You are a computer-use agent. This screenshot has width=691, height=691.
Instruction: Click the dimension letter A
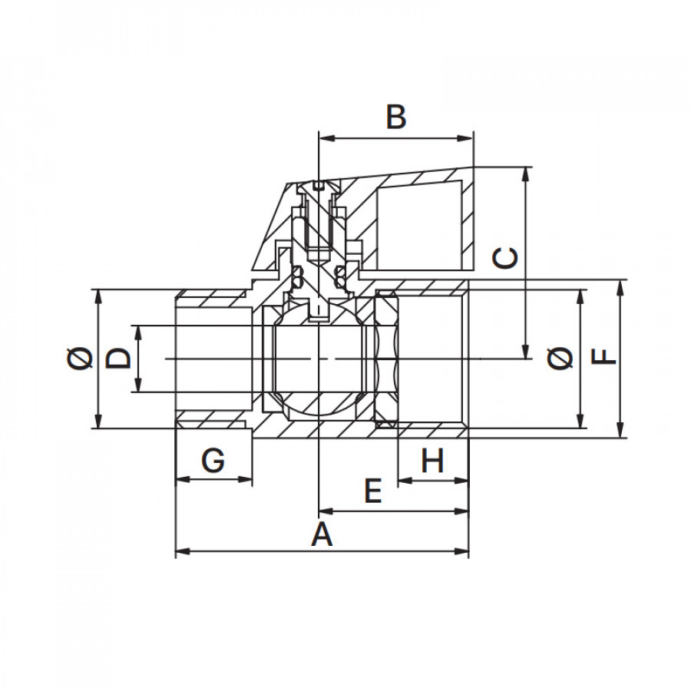322,534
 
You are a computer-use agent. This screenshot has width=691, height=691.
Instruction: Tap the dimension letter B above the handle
395,117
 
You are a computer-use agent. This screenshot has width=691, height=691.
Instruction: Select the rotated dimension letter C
505,258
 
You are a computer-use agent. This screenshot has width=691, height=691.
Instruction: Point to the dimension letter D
118,358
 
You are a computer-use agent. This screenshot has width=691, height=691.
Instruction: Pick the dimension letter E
373,491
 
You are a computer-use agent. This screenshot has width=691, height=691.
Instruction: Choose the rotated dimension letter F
603,357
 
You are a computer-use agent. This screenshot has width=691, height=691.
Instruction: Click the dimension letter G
213,461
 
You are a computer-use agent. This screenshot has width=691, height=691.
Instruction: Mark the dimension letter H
432,461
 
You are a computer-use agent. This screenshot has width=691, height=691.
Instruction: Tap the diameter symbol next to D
81,358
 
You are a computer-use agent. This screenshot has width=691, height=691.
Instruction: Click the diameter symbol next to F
560,358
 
